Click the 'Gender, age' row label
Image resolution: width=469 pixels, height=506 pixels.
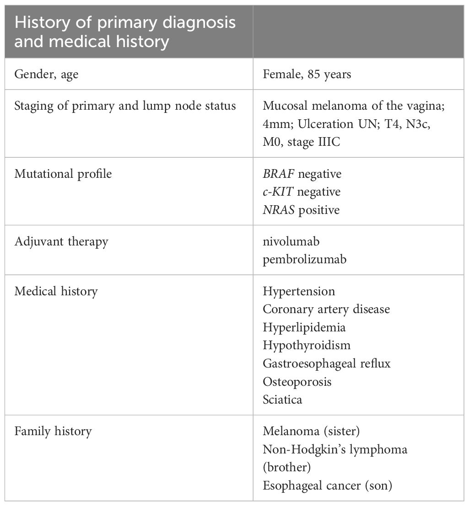coord(46,75)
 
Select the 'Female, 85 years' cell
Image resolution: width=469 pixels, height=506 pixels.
coord(307,74)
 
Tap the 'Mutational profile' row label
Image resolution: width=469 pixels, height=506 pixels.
coord(63,174)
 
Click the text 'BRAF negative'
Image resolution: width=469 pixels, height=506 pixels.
coord(302,174)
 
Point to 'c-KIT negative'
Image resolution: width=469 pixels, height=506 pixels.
coord(302,192)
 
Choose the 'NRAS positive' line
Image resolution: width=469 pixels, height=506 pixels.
coord(301,210)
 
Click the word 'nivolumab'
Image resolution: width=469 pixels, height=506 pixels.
coord(291,241)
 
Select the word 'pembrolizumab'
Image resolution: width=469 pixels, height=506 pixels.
coord(305,260)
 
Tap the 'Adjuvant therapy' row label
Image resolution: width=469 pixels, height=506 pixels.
coord(61,241)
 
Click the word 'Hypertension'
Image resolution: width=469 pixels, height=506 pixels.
coord(299,291)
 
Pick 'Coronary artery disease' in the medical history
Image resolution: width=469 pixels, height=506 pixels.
coord(326,309)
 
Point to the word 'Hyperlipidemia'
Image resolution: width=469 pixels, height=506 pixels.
coord(304,327)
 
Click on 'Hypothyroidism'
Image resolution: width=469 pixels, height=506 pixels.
coord(307,346)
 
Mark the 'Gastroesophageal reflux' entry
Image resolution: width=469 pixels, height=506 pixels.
coord(327,363)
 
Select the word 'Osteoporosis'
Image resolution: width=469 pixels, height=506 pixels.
coord(297,382)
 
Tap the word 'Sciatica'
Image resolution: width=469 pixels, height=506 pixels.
coord(282,399)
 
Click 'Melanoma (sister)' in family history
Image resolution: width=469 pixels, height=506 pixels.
coord(308,431)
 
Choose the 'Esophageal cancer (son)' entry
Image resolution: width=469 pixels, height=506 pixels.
coord(328,486)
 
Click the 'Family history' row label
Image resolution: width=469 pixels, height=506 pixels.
coord(53,431)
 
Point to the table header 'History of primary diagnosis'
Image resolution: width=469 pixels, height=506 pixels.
coord(125,22)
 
